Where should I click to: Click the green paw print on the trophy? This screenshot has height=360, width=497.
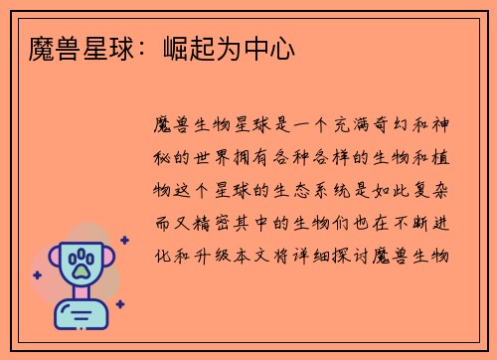pyautogui.click(x=81, y=264)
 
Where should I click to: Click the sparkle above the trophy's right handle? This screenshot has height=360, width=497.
pyautogui.click(x=125, y=240)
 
